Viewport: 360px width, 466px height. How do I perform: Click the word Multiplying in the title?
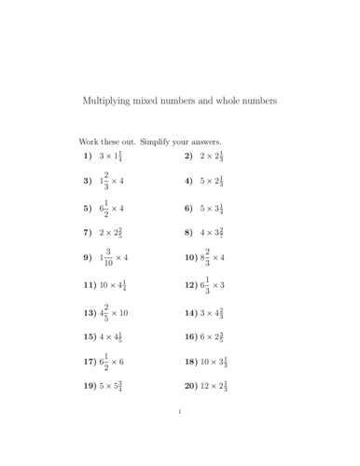[108, 101]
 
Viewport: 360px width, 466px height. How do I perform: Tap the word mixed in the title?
[153, 101]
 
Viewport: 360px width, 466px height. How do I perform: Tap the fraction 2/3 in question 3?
[107, 180]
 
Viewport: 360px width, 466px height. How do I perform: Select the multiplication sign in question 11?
[117, 284]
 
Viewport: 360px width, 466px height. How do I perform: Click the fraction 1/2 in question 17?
[106, 360]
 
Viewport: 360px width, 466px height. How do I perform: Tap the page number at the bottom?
[179, 435]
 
